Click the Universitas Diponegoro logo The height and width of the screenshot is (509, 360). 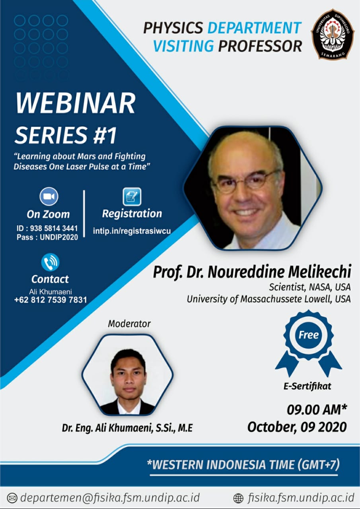pyautogui.click(x=333, y=34)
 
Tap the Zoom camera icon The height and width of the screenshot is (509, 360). pyautogui.click(x=49, y=196)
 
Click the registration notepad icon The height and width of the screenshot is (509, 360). pyautogui.click(x=132, y=196)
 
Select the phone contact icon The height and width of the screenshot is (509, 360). pyautogui.click(x=50, y=262)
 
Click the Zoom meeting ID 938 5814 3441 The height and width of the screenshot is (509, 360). pyautogui.click(x=54, y=228)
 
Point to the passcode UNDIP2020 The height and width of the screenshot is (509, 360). pyautogui.click(x=59, y=237)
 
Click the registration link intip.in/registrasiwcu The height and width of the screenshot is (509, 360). pyautogui.click(x=132, y=231)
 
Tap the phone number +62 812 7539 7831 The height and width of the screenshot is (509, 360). pyautogui.click(x=51, y=300)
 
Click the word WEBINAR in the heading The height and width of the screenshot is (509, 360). pyautogui.click(x=75, y=103)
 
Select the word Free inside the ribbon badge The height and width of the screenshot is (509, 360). pyautogui.click(x=308, y=335)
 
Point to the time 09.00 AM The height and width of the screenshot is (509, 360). pyautogui.click(x=314, y=410)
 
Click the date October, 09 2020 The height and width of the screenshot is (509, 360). pyautogui.click(x=297, y=427)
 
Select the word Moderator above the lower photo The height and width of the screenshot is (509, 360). pyautogui.click(x=129, y=324)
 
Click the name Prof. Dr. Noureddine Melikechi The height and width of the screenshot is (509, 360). pyautogui.click(x=252, y=272)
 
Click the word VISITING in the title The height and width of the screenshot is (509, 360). pyautogui.click(x=183, y=46)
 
